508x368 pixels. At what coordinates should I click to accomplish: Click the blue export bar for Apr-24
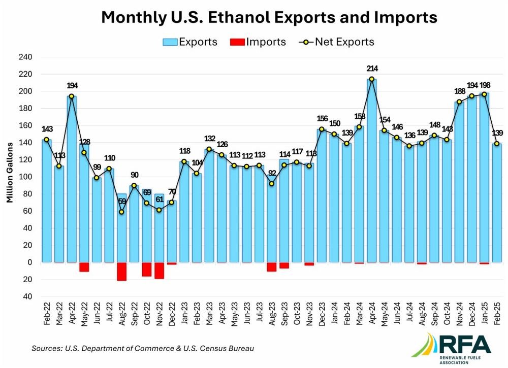(x=372, y=171)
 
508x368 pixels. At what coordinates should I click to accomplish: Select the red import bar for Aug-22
(x=122, y=272)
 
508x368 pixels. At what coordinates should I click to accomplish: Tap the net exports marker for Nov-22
(x=159, y=210)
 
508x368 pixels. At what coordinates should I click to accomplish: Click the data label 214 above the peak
(x=372, y=69)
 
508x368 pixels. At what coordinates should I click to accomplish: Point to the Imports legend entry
(x=258, y=42)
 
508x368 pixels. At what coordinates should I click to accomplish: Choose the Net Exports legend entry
(x=337, y=42)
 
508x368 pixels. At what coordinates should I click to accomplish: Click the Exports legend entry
(x=190, y=42)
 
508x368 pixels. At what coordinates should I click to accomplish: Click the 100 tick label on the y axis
(x=25, y=177)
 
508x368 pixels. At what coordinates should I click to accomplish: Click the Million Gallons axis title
(x=10, y=173)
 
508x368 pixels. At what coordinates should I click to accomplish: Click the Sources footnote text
(x=143, y=348)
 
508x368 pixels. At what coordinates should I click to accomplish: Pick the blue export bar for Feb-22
(x=47, y=201)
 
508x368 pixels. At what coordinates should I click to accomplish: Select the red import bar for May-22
(x=84, y=267)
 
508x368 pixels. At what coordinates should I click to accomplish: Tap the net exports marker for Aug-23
(x=272, y=184)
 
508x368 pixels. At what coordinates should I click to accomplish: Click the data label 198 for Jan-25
(x=485, y=85)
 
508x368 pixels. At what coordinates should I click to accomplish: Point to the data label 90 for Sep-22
(x=135, y=175)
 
